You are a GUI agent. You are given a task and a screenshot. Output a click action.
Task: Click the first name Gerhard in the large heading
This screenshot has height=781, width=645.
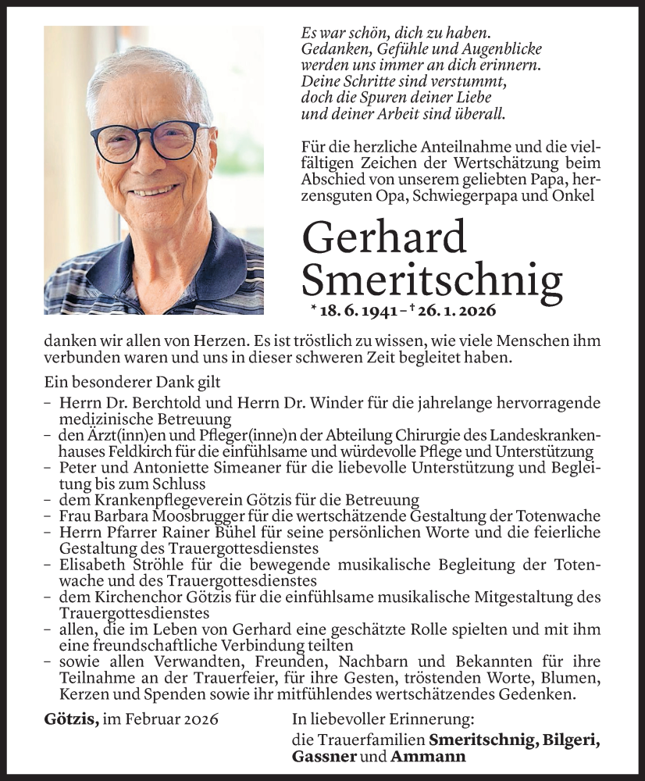(383, 238)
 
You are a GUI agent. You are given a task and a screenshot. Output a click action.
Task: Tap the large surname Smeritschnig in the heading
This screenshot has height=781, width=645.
(432, 279)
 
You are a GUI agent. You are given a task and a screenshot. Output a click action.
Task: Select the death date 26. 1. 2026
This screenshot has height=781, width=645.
(453, 311)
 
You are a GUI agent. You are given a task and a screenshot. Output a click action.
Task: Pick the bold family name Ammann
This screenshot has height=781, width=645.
(429, 756)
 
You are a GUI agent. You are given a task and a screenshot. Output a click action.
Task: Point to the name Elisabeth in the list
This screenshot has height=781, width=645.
(87, 565)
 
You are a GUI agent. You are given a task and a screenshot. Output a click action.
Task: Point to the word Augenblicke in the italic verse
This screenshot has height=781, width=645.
(465, 51)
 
